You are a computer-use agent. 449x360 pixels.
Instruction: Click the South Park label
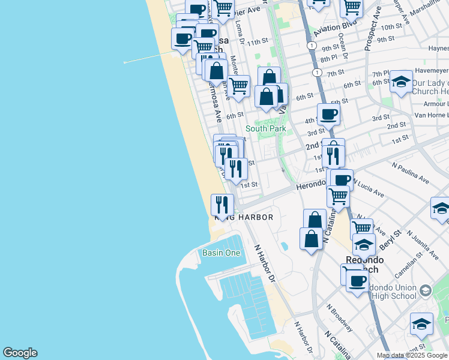click(266, 128)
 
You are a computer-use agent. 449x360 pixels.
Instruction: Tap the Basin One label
click(221, 253)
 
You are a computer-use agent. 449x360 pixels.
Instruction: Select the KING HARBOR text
click(247, 217)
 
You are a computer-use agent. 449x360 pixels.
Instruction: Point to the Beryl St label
click(389, 239)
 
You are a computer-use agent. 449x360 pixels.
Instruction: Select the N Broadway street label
click(340, 317)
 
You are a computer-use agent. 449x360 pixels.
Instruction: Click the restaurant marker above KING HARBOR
click(222, 205)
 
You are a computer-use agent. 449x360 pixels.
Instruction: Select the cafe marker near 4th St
click(328, 113)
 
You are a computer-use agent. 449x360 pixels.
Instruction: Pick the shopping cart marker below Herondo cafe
click(339, 195)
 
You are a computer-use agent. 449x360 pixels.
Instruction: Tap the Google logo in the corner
click(20, 353)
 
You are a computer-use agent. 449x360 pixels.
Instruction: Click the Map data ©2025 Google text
click(412, 355)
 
